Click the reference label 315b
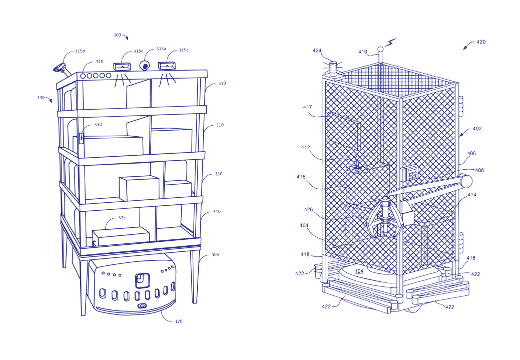point(80,51)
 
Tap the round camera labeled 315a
point(145,66)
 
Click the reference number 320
point(100,62)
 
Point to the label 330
point(98,125)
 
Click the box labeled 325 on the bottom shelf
point(121,236)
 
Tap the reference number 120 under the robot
point(179,321)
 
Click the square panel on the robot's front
point(143,281)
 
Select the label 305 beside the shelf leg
point(215,255)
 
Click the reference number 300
point(118,35)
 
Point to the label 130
point(41,98)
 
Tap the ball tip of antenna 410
point(381,50)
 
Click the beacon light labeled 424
point(333,66)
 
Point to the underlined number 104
point(359,271)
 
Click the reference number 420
point(481,42)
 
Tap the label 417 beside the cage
point(307,107)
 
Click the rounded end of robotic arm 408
point(466,181)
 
